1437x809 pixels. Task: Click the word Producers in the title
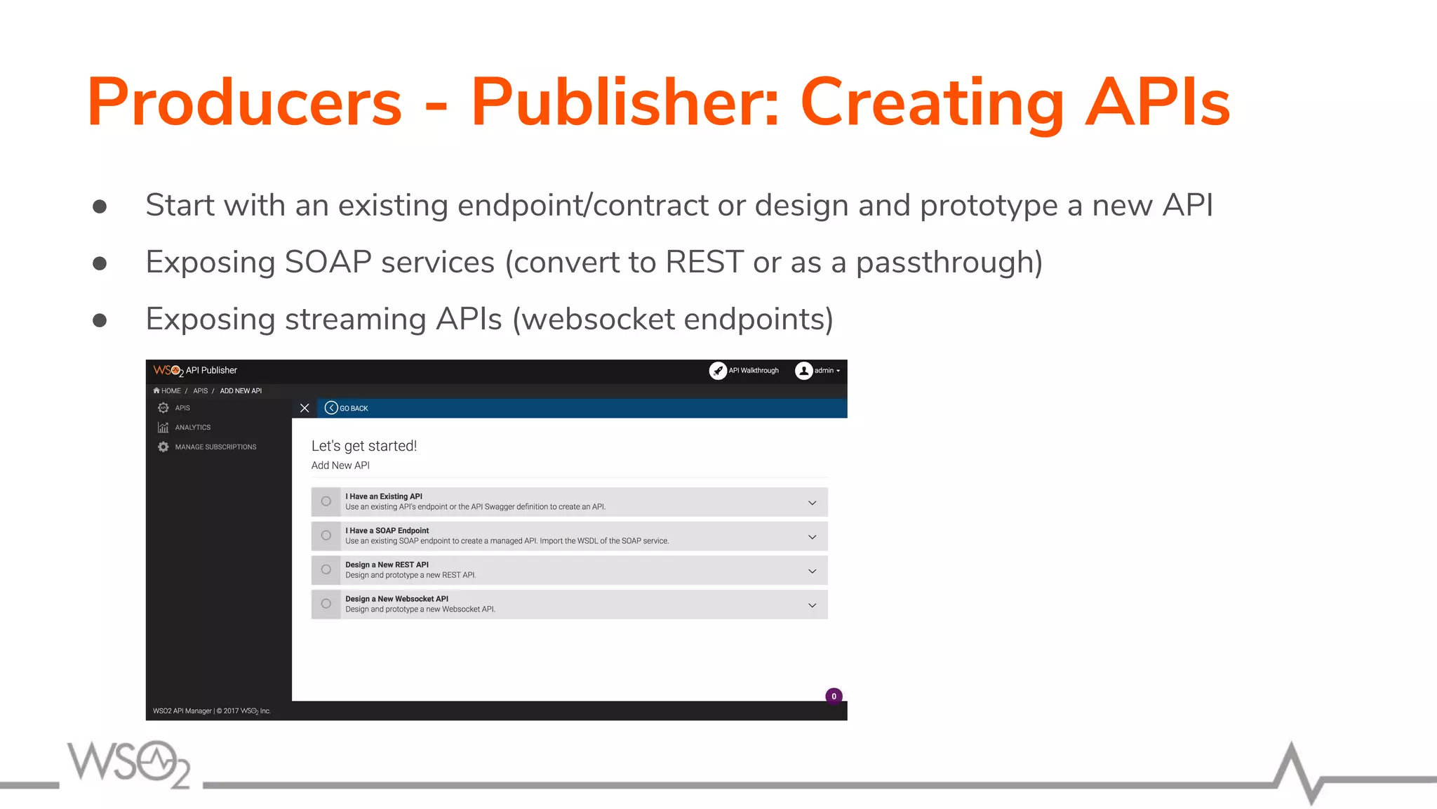point(244,103)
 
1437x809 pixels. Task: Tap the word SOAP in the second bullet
point(328,263)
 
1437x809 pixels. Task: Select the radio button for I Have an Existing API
point(326,501)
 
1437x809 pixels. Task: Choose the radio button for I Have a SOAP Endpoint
point(326,536)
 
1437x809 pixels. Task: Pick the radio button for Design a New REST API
point(326,570)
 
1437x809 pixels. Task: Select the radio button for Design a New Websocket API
point(326,604)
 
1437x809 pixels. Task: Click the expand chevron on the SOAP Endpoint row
point(812,537)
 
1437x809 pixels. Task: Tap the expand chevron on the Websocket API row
point(812,605)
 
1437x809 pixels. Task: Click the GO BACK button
point(347,408)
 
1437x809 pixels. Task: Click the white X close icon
point(305,408)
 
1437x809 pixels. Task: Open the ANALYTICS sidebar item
point(192,428)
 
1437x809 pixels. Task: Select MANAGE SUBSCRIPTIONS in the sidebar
point(215,447)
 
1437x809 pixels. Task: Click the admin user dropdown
point(818,371)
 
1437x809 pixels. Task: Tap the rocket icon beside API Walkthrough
point(718,371)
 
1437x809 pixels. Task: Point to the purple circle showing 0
point(834,696)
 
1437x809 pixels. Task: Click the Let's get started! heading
point(364,446)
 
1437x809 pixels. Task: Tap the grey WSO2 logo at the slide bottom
point(129,764)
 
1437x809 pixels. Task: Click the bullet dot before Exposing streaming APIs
point(100,320)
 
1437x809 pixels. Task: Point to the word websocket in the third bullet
point(599,320)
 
